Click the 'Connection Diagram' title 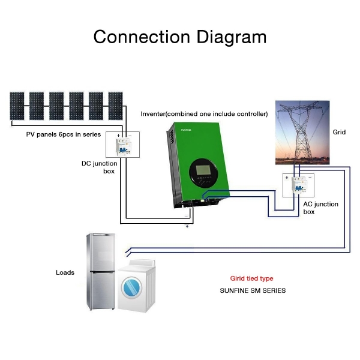(x=180, y=37)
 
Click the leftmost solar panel (x=17, y=106)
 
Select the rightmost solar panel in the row (x=115, y=106)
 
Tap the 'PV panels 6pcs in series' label (x=64, y=134)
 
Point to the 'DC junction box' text (x=100, y=167)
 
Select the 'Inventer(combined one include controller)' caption (x=204, y=114)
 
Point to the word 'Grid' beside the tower (x=340, y=131)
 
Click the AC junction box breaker (x=298, y=184)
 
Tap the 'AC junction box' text (x=320, y=208)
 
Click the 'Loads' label (x=65, y=272)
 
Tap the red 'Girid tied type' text (x=252, y=278)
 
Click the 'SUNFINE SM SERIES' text (x=253, y=290)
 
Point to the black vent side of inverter (x=172, y=168)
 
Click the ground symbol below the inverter (x=188, y=226)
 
